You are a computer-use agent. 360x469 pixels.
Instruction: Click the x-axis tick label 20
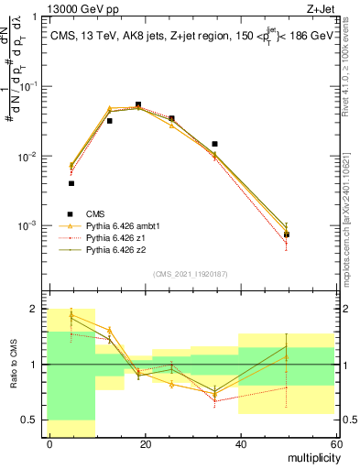[145, 443]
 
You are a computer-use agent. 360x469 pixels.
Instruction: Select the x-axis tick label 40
[240, 443]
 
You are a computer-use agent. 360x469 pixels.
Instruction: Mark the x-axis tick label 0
[49, 443]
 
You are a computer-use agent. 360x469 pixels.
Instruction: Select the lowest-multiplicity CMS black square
[71, 183]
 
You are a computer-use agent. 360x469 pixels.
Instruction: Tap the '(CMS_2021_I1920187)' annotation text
[191, 273]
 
